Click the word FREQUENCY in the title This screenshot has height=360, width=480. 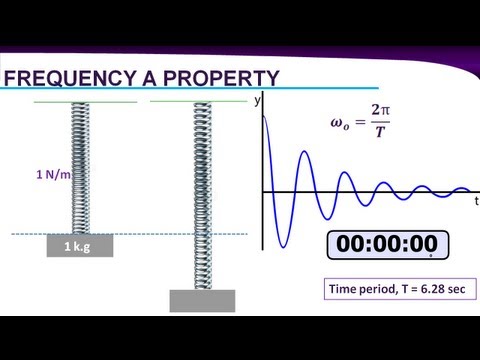(69, 78)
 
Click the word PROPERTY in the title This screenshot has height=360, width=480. (221, 78)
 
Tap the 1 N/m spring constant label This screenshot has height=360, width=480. (53, 174)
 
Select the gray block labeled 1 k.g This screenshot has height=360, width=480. (80, 246)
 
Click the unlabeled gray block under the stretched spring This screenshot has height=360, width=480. (202, 301)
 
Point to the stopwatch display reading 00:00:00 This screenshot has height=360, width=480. (388, 245)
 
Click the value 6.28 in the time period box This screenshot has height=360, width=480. (432, 289)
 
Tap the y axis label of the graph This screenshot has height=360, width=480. (257, 100)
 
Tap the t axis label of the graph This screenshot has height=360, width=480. (477, 201)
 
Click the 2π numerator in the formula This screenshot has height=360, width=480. (380, 110)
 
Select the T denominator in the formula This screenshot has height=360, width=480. (380, 132)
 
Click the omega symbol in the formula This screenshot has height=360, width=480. (337, 122)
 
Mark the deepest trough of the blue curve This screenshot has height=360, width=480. (283, 247)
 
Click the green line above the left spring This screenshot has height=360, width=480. (85, 102)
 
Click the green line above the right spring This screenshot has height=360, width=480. (199, 101)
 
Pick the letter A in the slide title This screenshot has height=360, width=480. (149, 78)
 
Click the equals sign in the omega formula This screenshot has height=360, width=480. (360, 122)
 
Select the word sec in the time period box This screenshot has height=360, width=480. (457, 289)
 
